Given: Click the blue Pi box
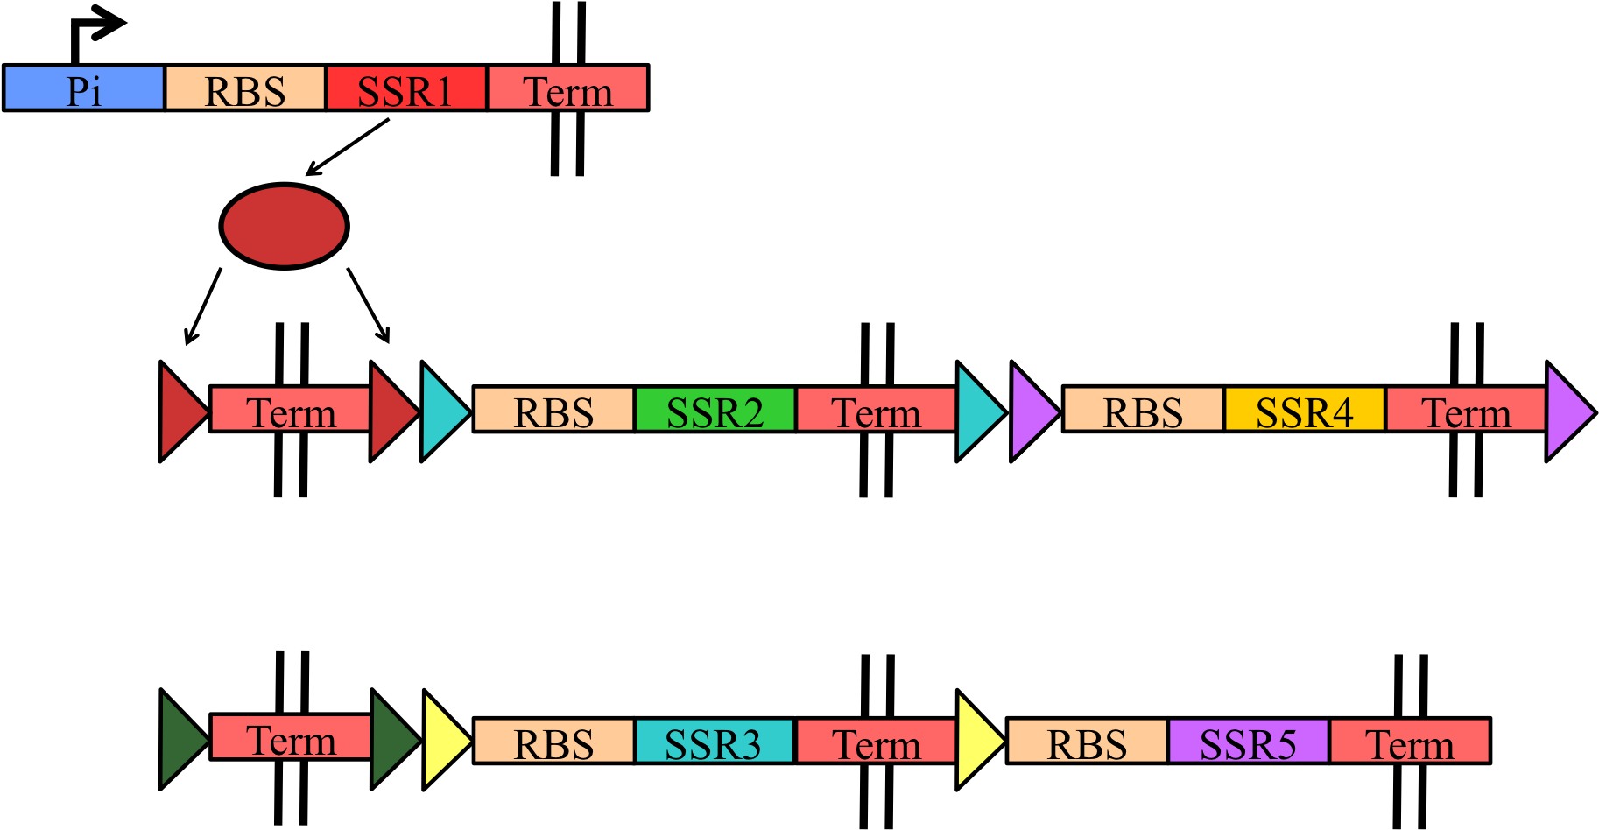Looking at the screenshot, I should coord(84,88).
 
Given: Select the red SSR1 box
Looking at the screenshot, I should coord(405,88).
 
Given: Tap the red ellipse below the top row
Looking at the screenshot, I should coord(284,226).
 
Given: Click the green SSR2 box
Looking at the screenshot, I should coord(715,410).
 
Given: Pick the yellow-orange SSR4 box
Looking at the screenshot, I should coord(1304,410).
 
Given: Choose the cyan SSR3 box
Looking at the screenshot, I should coord(714,742).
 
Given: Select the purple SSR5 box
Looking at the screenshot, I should coord(1248,742).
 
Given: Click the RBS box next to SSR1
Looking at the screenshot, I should coord(245,88).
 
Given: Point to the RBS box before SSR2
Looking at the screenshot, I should coord(553,410).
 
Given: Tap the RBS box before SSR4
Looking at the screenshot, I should coord(1143,410).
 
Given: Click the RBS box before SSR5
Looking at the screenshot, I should coord(1087,742).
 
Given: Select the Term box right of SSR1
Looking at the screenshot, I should coord(567,88).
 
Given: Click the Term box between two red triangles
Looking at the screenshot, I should coord(290,410).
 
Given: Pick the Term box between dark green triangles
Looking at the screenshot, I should coord(290,737).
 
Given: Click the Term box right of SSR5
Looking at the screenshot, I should coord(1409,742).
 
